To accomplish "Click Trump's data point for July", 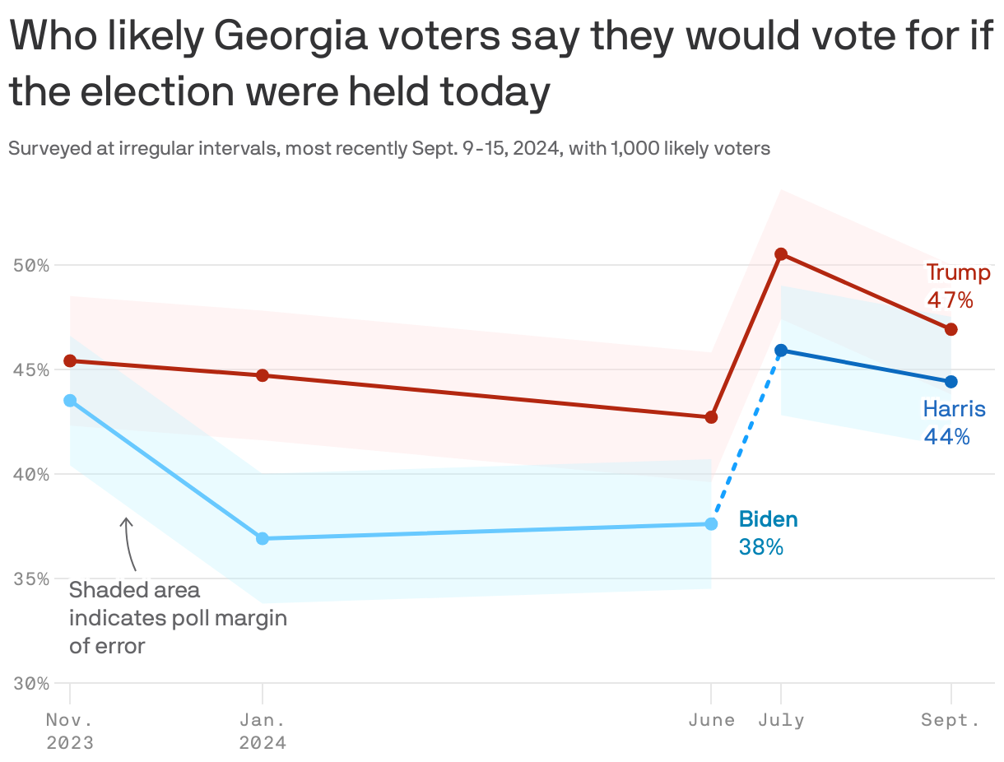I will tap(781, 254).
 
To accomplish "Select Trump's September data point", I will tap(951, 329).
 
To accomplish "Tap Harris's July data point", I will tap(781, 351).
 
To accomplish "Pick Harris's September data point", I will tap(951, 382).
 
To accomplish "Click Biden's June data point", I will tap(711, 524).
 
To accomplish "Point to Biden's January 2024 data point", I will tap(263, 538).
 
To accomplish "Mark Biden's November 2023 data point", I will tap(70, 401).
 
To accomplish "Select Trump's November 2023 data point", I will tap(70, 361).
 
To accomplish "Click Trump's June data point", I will tap(711, 417).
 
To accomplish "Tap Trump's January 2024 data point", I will tap(263, 375).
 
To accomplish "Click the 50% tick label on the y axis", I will tap(31, 266).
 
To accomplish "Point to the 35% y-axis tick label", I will tap(31, 578).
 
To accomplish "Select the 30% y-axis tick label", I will tap(31, 683).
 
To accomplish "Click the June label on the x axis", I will tap(711, 721).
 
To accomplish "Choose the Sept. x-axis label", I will tap(951, 721).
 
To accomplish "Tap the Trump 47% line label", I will tap(957, 286).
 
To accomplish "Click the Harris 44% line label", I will tap(953, 422).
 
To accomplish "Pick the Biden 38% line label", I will tap(767, 532).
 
